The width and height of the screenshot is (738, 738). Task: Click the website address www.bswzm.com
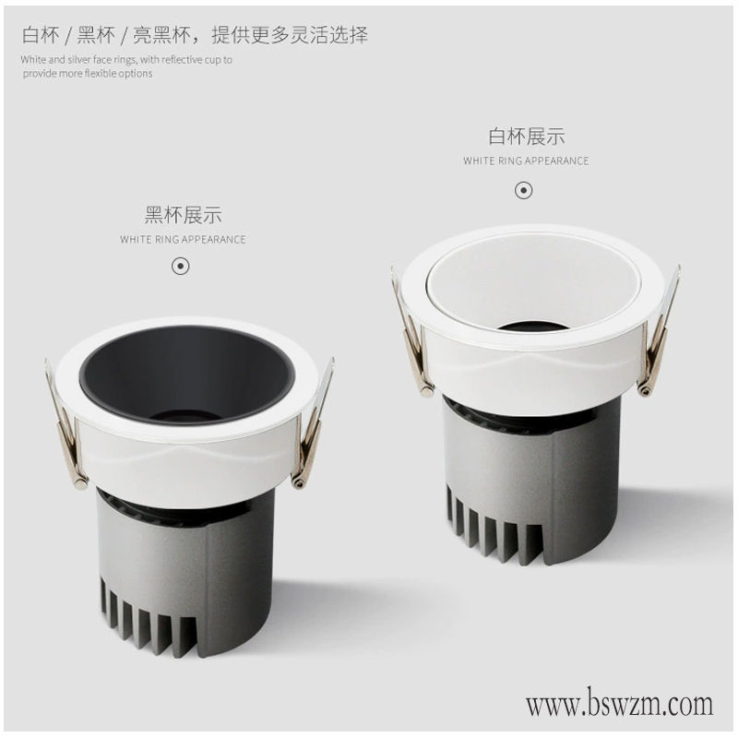click(x=619, y=704)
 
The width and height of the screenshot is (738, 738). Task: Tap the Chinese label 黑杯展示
click(x=183, y=215)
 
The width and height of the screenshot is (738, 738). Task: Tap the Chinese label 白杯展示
click(x=526, y=137)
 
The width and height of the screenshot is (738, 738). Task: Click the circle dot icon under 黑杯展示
click(x=180, y=267)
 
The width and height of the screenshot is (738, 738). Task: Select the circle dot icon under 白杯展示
click(x=523, y=191)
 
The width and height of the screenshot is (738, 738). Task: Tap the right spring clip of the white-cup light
click(x=659, y=332)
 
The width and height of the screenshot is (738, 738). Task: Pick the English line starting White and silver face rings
click(x=126, y=60)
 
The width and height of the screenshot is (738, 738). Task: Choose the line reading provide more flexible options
click(x=88, y=74)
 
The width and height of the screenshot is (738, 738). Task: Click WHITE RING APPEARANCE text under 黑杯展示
click(x=183, y=240)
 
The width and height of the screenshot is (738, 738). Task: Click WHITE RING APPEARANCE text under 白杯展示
click(x=526, y=161)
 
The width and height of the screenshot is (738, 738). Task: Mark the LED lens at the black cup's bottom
click(x=185, y=416)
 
